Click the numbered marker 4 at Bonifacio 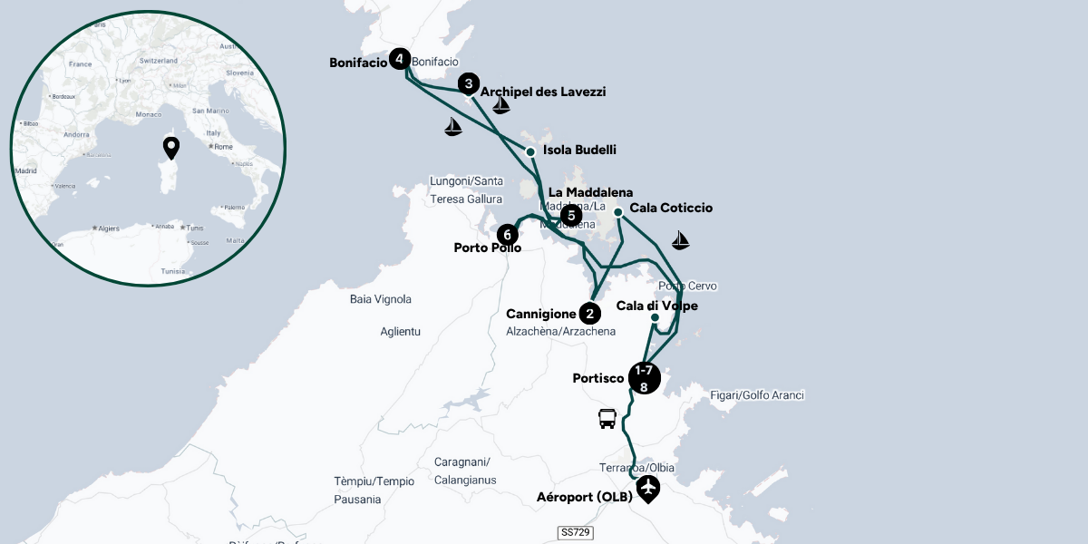point(399,60)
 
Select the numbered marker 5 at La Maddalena point(570,215)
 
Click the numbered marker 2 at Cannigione point(590,314)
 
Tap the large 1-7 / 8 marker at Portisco point(644,378)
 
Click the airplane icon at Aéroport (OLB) point(647,489)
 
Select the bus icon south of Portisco point(607,418)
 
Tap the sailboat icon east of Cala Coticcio point(680,240)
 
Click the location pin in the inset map point(170,148)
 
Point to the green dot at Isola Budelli point(530,151)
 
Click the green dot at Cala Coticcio point(617,212)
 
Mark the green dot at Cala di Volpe point(655,317)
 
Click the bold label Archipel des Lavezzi point(543,92)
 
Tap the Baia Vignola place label point(381,299)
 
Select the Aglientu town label point(401,332)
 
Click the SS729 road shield point(575,533)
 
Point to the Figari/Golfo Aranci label point(757,395)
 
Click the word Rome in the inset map point(223,147)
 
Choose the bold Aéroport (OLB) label point(584,497)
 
